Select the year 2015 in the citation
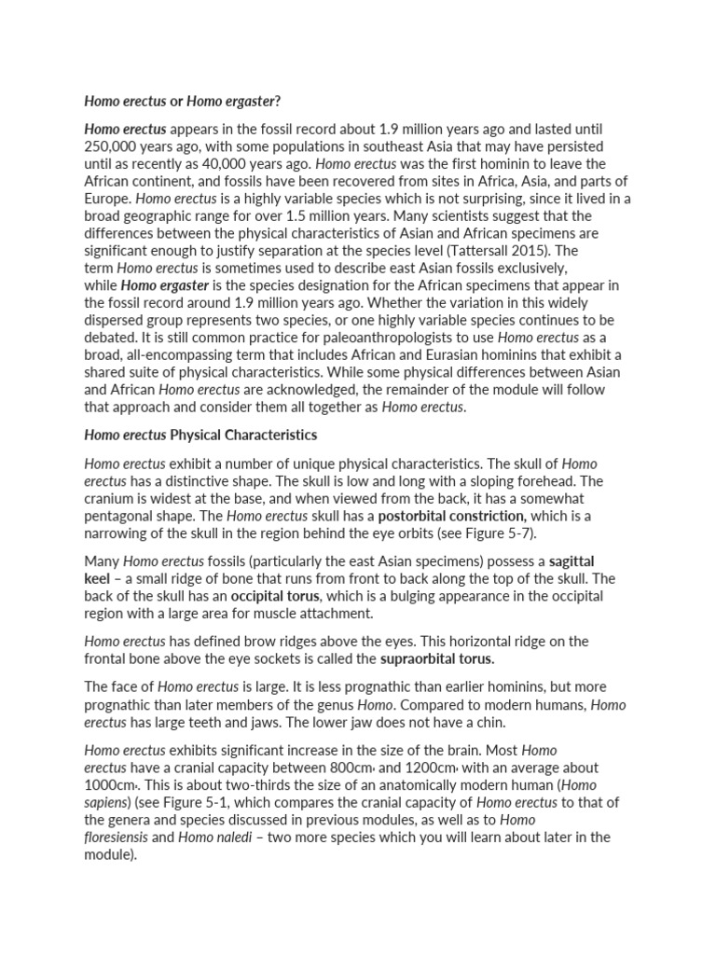click(553, 251)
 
